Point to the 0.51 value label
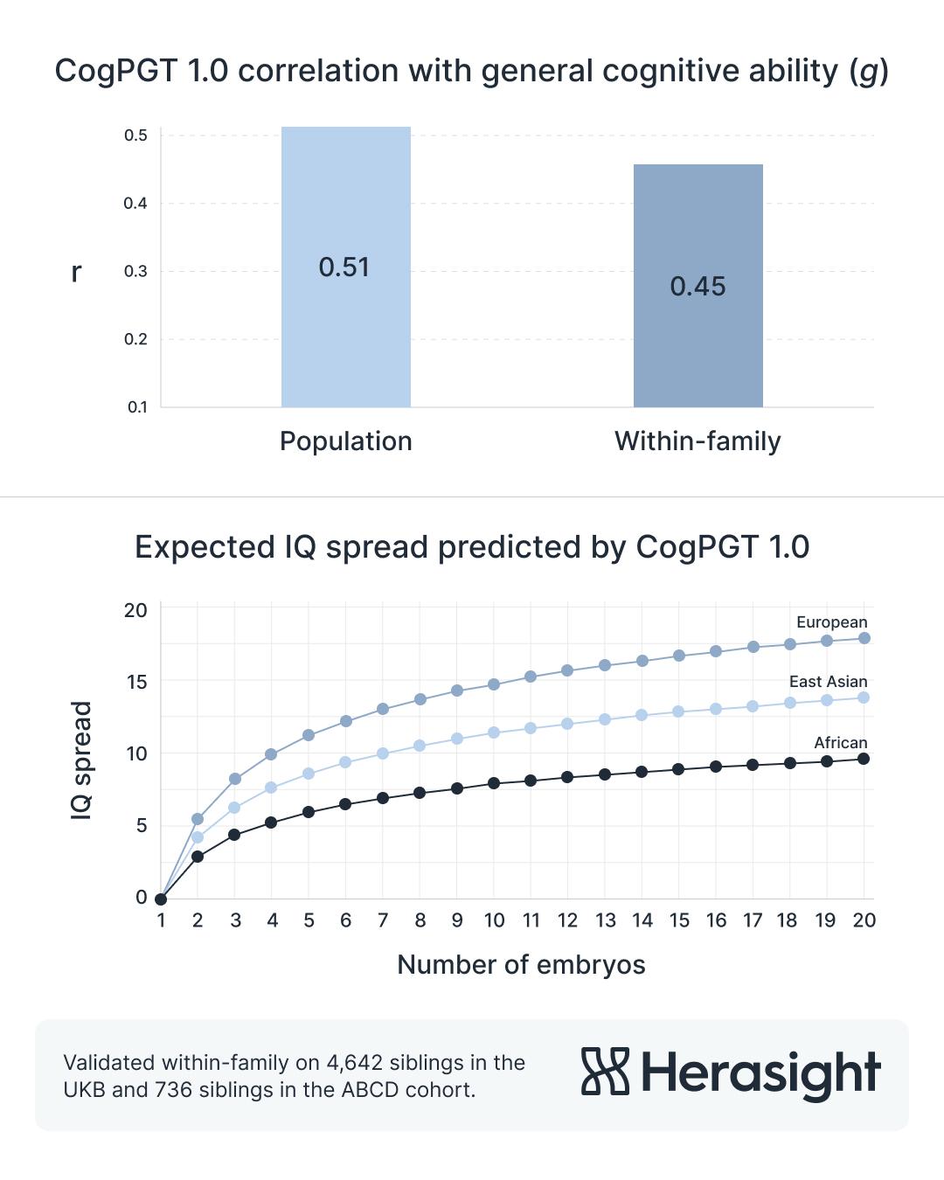pyautogui.click(x=344, y=267)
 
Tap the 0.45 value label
pyautogui.click(x=698, y=287)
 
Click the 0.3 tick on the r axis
pyautogui.click(x=135, y=272)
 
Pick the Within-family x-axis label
pyautogui.click(x=698, y=441)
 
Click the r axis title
pyautogui.click(x=76, y=273)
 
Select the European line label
pyautogui.click(x=831, y=622)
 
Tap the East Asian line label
pyautogui.click(x=828, y=682)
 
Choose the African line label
pyautogui.click(x=840, y=743)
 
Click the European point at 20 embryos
pyautogui.click(x=864, y=638)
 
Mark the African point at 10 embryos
pyautogui.click(x=494, y=783)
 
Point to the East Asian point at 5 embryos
pyautogui.click(x=309, y=774)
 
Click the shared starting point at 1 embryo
pyautogui.click(x=161, y=899)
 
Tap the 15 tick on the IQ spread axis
pyautogui.click(x=136, y=682)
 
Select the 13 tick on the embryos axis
pyautogui.click(x=605, y=920)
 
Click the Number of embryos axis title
pyautogui.click(x=521, y=965)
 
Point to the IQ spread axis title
pyautogui.click(x=81, y=760)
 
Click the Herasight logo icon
pyautogui.click(x=605, y=1072)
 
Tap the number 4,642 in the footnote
pyautogui.click(x=354, y=1063)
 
